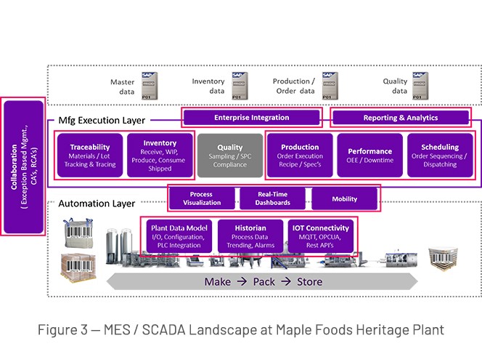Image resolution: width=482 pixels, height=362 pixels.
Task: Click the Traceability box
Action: pyautogui.click(x=90, y=153)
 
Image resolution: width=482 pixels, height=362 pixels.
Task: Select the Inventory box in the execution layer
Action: pyautogui.click(x=160, y=153)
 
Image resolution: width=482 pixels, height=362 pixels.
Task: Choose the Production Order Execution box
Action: pyautogui.click(x=300, y=153)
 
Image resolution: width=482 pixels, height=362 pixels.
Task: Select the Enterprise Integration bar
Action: pyautogui.click(x=251, y=117)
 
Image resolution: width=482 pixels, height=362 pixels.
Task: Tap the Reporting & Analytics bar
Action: pyautogui.click(x=401, y=117)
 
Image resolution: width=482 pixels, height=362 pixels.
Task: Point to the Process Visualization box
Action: pyautogui.click(x=201, y=198)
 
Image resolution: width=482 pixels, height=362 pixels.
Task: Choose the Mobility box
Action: pyautogui.click(x=344, y=198)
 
